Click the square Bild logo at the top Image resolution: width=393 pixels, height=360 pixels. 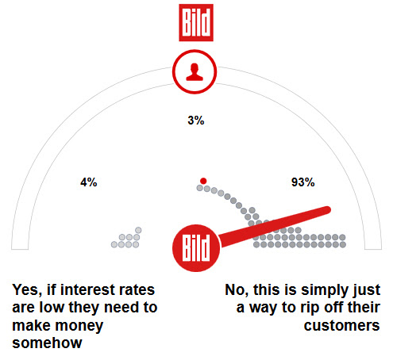196,23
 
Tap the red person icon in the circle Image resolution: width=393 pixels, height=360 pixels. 195,72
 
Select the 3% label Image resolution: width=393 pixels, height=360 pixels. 196,121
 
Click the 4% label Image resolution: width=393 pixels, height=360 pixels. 89,182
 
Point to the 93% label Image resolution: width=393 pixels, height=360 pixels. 303,182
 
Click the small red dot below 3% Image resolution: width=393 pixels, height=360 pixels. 203,181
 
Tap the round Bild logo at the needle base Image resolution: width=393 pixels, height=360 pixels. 196,248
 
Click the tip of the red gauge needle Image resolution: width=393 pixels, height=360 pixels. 328,209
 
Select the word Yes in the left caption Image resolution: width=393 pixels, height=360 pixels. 27,290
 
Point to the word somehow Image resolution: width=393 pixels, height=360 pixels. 47,343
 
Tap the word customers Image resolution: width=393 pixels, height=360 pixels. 341,326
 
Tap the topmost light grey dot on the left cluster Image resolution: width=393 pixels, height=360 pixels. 138,230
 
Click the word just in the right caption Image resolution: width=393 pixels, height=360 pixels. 366,290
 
